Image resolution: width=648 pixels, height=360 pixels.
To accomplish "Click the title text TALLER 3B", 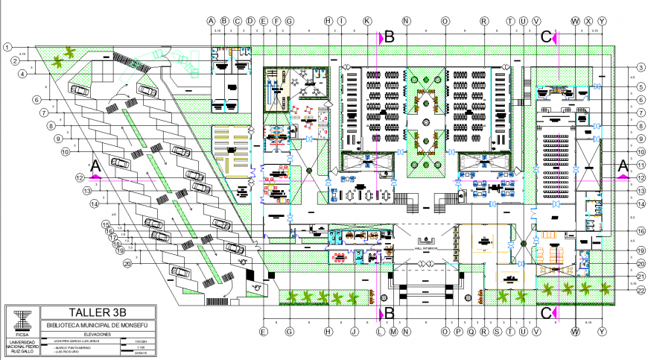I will (x=99, y=313).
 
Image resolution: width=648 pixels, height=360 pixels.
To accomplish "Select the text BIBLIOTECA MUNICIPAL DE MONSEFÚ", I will (x=99, y=326).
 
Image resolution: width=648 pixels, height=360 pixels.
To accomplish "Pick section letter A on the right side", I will (x=623, y=165).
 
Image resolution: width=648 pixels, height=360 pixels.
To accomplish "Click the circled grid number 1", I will (x=7, y=47).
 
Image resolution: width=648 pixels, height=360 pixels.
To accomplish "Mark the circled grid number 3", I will (x=641, y=68).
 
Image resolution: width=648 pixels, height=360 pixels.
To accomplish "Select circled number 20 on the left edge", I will (x=127, y=264).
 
